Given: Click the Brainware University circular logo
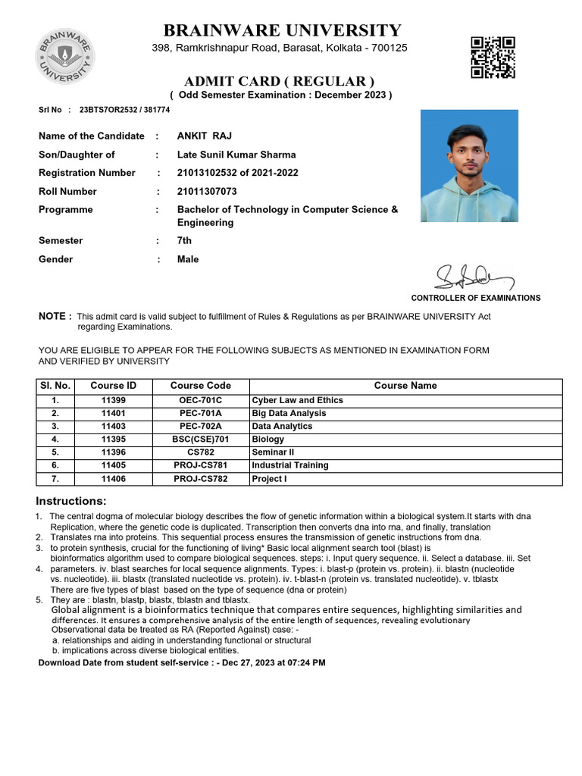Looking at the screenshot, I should [64, 57].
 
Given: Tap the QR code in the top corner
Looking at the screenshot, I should [493, 57].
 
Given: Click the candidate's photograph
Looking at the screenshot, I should [469, 165].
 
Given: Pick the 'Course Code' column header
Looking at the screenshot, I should [200, 386].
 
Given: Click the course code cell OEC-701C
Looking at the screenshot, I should [200, 400].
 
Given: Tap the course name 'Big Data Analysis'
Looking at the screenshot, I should [289, 413].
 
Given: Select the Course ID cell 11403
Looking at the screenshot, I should [113, 427].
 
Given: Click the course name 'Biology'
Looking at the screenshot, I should [268, 440].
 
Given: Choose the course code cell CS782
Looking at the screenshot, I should [200, 452].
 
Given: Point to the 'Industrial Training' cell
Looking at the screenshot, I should [290, 465].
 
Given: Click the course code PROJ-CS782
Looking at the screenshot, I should [200, 479].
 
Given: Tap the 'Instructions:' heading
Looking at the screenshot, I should [71, 502].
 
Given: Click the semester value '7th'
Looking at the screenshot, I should [184, 241].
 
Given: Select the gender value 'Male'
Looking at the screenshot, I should [188, 259].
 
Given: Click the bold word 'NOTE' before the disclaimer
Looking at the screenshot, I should [55, 316].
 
